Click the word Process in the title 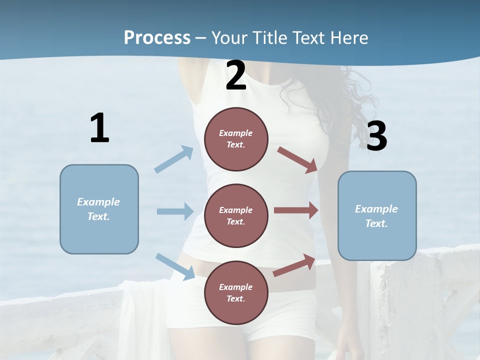[x=157, y=37]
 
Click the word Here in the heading [x=348, y=37]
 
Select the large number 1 [x=99, y=128]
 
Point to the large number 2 [x=236, y=76]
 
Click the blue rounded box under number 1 [x=99, y=209]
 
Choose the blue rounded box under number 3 [x=377, y=216]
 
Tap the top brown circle [x=236, y=139]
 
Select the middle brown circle [x=236, y=216]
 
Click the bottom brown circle [x=236, y=293]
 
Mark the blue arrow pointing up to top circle [x=174, y=159]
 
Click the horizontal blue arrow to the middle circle [x=175, y=211]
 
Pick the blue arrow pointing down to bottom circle [x=175, y=266]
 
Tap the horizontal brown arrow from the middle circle [x=296, y=210]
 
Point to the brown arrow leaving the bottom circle [x=294, y=265]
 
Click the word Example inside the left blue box [x=98, y=202]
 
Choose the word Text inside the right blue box [x=376, y=223]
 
